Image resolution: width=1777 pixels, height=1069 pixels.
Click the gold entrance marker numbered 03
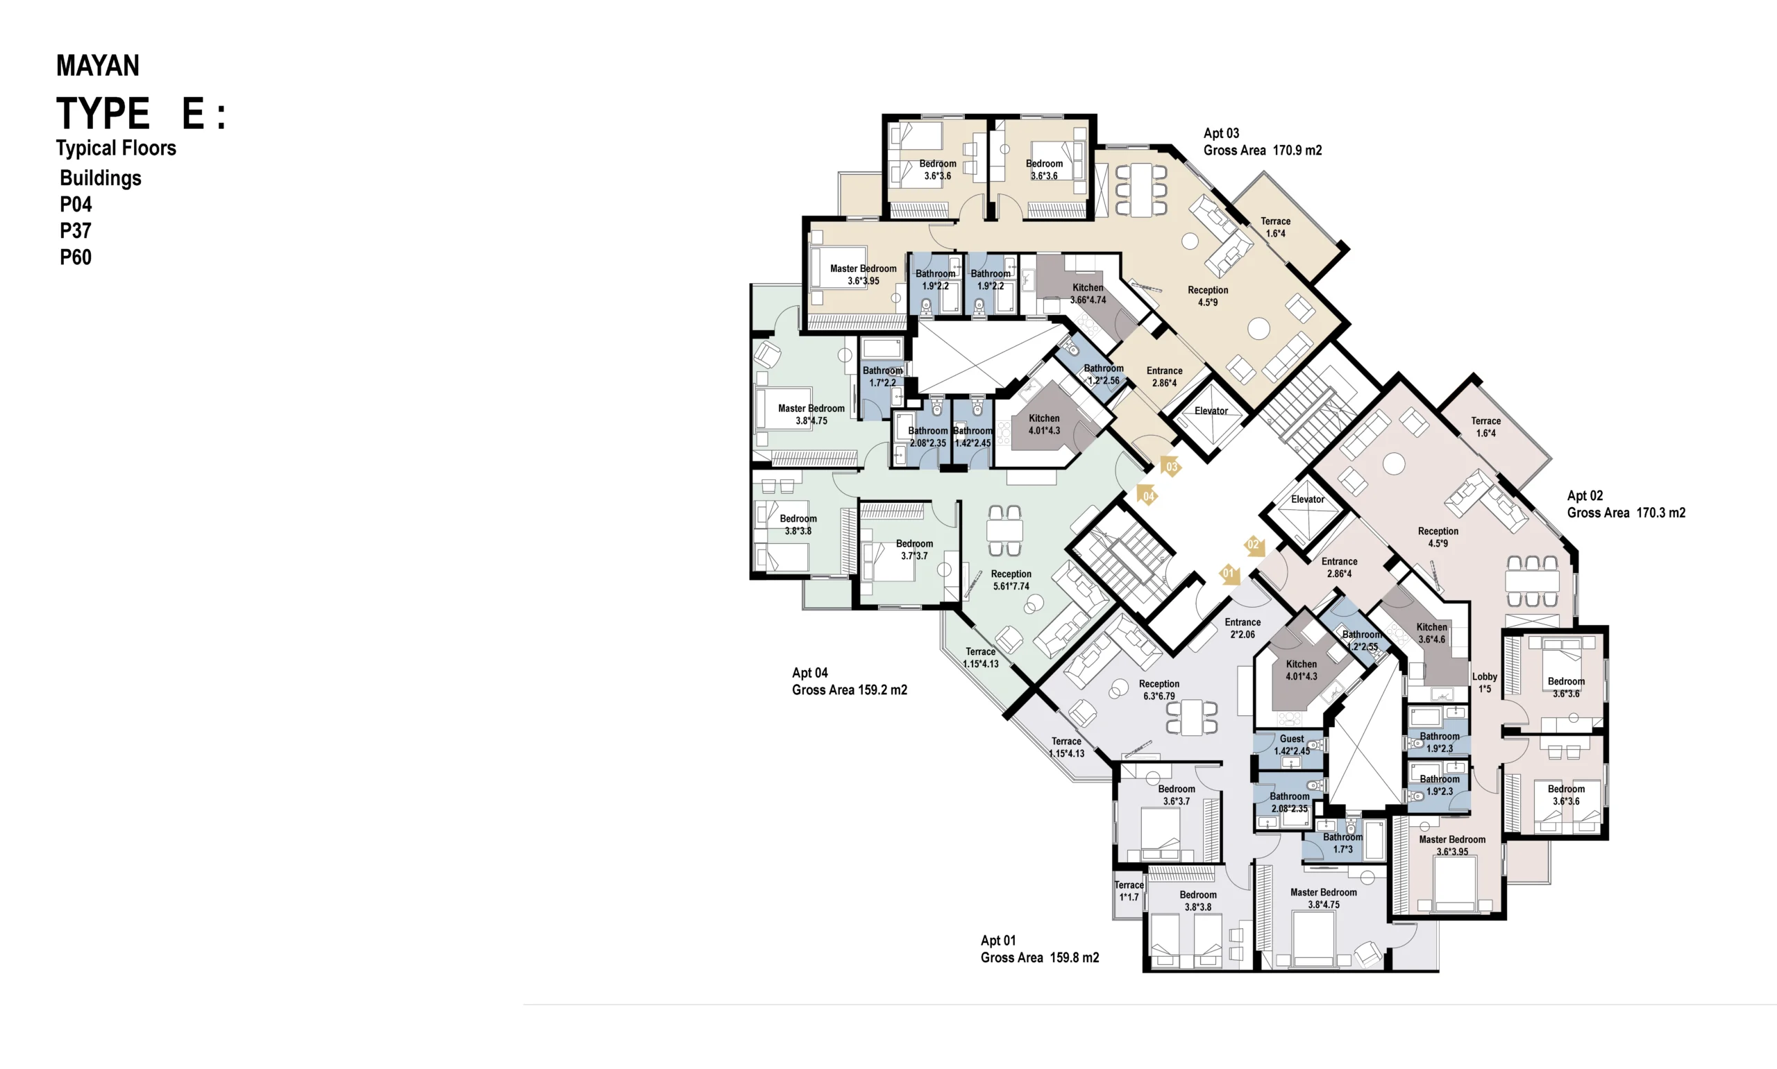pos(1171,467)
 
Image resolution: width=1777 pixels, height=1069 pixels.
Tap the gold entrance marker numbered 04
pos(1147,495)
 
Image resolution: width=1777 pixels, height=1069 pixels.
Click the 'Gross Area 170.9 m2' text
pos(1262,151)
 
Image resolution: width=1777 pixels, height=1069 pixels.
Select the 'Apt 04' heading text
pos(809,673)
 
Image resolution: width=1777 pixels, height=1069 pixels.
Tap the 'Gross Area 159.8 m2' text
pos(1039,957)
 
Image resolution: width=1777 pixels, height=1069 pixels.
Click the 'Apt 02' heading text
pos(1585,495)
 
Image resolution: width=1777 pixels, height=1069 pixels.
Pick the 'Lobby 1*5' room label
pos(1485,683)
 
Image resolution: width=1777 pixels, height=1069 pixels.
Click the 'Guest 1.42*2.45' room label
pos(1292,745)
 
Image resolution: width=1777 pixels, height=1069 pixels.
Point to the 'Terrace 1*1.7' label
pos(1129,891)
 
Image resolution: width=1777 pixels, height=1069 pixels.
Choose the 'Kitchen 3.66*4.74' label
pos(1088,294)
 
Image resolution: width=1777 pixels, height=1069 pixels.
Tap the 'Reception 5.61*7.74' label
pos(1010,580)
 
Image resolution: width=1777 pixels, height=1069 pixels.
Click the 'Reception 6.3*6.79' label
pos(1159,690)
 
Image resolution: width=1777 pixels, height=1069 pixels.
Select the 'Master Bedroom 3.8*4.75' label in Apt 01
pos(1323,898)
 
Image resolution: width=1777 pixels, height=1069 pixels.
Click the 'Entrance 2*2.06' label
pos(1243,628)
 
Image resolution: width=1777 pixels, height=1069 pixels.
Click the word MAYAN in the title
pos(98,65)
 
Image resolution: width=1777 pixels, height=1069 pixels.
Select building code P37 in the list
pos(76,231)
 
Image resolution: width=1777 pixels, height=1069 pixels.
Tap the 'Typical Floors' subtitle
pos(116,148)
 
